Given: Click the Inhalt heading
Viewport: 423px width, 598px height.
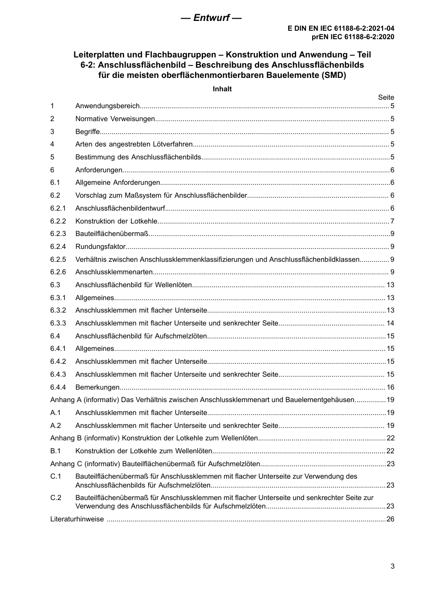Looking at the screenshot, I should point(222,89).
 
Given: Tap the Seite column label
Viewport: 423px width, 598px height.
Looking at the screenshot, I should point(386,98).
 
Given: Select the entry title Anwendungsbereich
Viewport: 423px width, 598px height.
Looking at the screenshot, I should point(107,106).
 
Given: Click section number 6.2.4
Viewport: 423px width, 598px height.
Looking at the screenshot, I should point(58,247).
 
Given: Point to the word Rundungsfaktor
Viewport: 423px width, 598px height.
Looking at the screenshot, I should point(101,247).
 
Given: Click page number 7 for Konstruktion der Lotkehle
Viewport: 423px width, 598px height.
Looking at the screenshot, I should point(392,221).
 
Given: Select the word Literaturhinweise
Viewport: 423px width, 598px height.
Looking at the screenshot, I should point(77,519).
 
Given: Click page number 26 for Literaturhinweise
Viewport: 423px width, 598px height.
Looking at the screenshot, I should point(390,519).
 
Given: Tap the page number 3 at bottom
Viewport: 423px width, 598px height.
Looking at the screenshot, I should point(392,566).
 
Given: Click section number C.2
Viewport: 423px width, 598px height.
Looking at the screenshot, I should point(56,498).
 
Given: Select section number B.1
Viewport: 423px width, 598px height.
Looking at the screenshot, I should point(55,451).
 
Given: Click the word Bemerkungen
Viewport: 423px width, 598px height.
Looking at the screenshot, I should point(98,387).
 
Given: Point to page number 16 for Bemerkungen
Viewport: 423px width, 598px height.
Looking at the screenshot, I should point(390,387).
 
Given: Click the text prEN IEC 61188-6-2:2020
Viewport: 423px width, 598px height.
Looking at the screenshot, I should point(353,37).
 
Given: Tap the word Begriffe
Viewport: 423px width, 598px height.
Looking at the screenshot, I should point(88,132).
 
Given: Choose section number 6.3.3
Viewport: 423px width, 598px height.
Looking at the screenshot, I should point(58,323).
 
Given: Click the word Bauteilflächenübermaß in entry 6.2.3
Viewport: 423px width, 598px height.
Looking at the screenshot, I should point(111,234).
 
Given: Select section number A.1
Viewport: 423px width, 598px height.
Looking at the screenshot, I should point(55,413).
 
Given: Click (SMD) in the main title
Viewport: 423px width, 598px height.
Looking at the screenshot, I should point(333,75).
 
